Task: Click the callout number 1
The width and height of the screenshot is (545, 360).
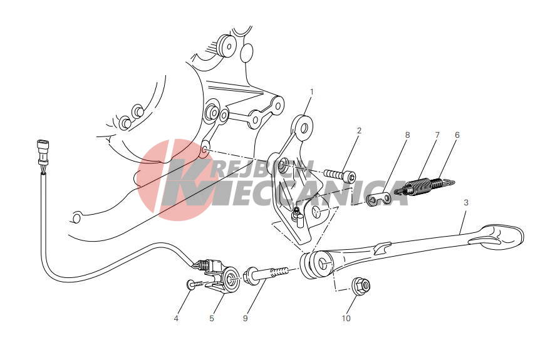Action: coord(311,92)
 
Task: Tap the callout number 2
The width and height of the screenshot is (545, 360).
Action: coord(359,130)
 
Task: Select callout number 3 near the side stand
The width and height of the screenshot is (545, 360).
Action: coord(465,202)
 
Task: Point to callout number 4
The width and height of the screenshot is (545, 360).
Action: coord(176,318)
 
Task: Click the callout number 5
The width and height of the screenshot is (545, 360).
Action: coord(212,318)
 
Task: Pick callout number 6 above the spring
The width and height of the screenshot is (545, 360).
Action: coord(457,135)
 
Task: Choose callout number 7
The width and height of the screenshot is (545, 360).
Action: coord(437,135)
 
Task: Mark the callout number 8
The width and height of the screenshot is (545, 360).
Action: coord(407,135)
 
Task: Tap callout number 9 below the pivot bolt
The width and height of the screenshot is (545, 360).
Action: coord(246,318)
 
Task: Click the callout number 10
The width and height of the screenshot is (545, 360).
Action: coord(346,318)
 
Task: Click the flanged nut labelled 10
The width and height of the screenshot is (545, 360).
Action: coord(361,285)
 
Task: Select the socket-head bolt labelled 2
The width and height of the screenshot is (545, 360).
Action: coord(340,175)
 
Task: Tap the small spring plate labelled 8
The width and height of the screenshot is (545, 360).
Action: coord(379,199)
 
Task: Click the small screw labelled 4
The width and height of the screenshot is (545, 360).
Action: coord(196,284)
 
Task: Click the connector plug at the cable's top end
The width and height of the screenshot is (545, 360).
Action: coord(43,152)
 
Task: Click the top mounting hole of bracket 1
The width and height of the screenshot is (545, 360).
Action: coord(304,128)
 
